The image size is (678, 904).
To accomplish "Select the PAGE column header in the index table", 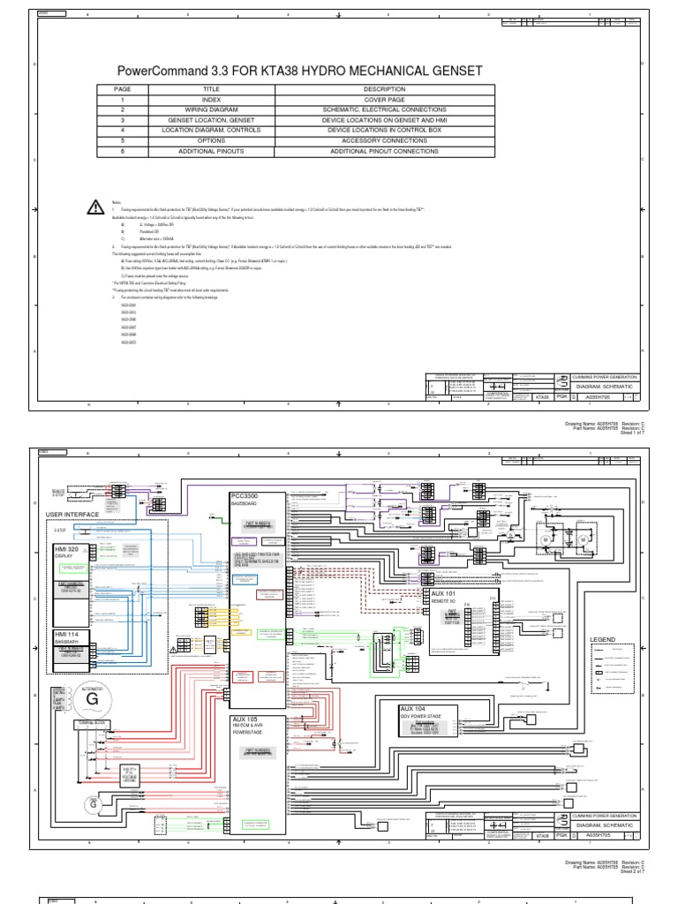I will click(122, 89).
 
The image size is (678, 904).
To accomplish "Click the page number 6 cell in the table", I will click(122, 151).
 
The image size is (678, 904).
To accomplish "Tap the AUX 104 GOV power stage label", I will click(416, 709).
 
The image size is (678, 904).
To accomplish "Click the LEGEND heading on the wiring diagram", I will click(603, 638).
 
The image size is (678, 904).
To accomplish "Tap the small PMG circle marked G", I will click(91, 802).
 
